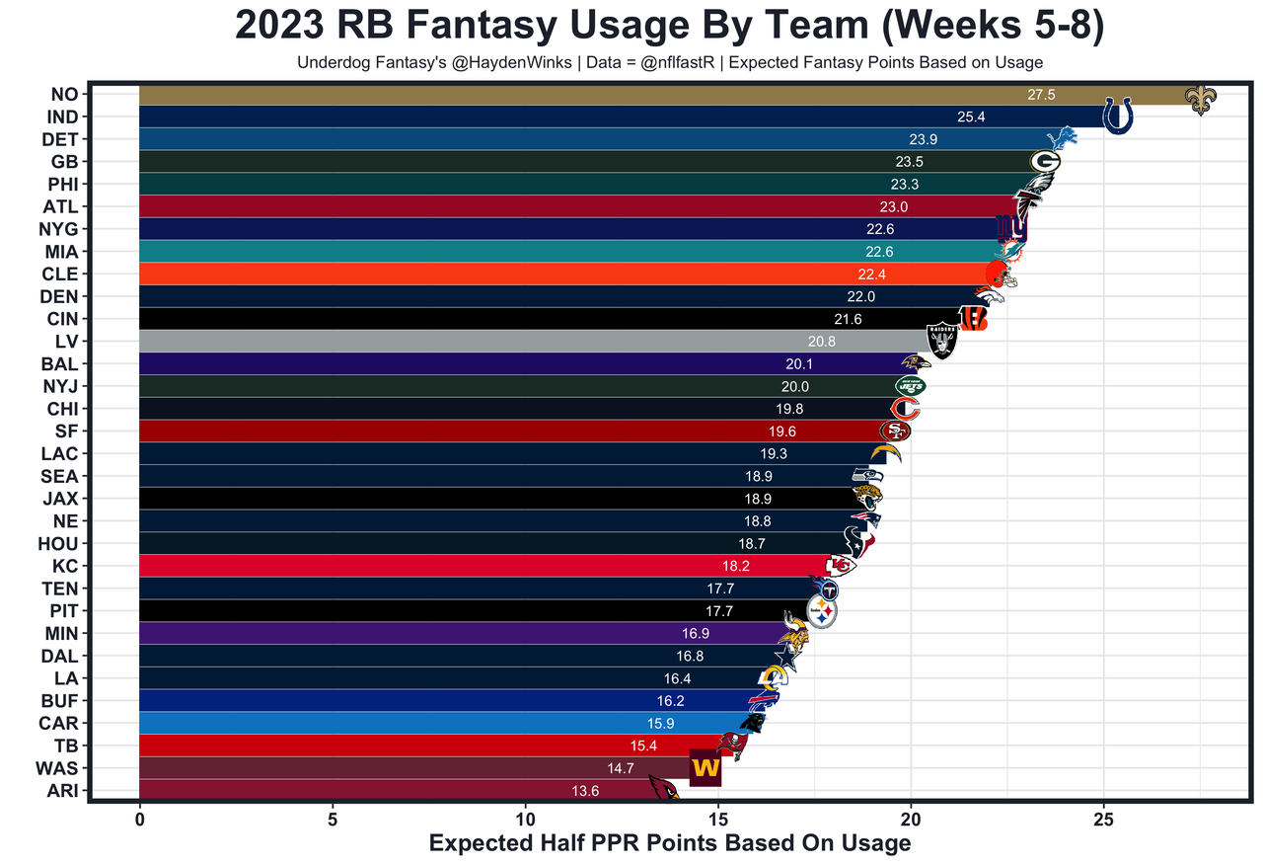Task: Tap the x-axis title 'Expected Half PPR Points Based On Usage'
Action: (x=670, y=843)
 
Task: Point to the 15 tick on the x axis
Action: (x=718, y=819)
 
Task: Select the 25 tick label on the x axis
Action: (x=1104, y=819)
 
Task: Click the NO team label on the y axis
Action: (x=64, y=95)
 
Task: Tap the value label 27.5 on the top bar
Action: (x=1041, y=95)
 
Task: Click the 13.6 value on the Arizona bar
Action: (x=585, y=790)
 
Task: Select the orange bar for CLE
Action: (x=493, y=274)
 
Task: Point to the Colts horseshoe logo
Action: (x=1117, y=116)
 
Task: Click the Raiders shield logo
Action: (x=942, y=341)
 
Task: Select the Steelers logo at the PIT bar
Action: (x=823, y=612)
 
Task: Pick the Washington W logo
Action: (x=706, y=767)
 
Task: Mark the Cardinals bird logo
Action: (x=662, y=788)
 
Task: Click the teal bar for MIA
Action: (x=493, y=252)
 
